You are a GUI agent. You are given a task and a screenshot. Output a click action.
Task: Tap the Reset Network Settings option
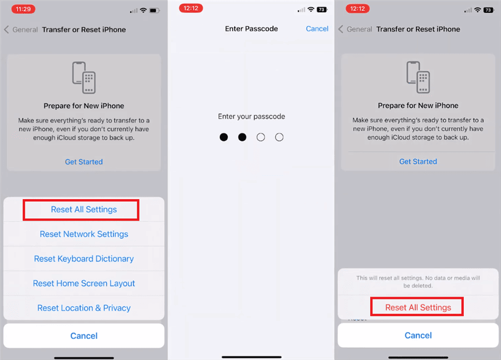(x=84, y=234)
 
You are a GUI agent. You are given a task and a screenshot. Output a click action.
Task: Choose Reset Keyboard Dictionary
(x=84, y=259)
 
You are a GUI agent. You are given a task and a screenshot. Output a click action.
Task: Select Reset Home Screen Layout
(x=84, y=283)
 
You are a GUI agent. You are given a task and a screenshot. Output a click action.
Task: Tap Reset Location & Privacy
(x=84, y=308)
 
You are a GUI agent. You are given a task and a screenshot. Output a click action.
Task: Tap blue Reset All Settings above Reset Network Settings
(x=84, y=210)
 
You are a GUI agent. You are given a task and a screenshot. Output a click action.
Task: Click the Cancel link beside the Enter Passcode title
(x=317, y=28)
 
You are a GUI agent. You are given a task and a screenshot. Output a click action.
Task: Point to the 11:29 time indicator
(x=23, y=9)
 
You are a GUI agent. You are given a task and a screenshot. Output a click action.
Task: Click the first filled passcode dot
(x=224, y=137)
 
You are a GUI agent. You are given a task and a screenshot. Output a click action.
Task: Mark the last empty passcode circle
(x=279, y=137)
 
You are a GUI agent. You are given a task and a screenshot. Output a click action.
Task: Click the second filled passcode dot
(x=242, y=137)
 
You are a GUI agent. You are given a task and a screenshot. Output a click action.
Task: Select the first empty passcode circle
(x=261, y=137)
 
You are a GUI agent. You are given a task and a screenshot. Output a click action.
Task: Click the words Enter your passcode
(x=251, y=117)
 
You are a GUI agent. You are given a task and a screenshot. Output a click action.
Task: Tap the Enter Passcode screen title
(x=251, y=28)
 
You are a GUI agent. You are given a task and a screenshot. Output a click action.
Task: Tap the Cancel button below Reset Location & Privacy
(x=84, y=336)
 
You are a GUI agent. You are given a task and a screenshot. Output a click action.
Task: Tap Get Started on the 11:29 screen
(x=84, y=162)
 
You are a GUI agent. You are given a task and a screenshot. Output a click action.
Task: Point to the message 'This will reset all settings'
(x=418, y=282)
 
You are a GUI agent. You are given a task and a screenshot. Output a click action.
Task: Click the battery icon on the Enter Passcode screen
(x=322, y=9)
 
